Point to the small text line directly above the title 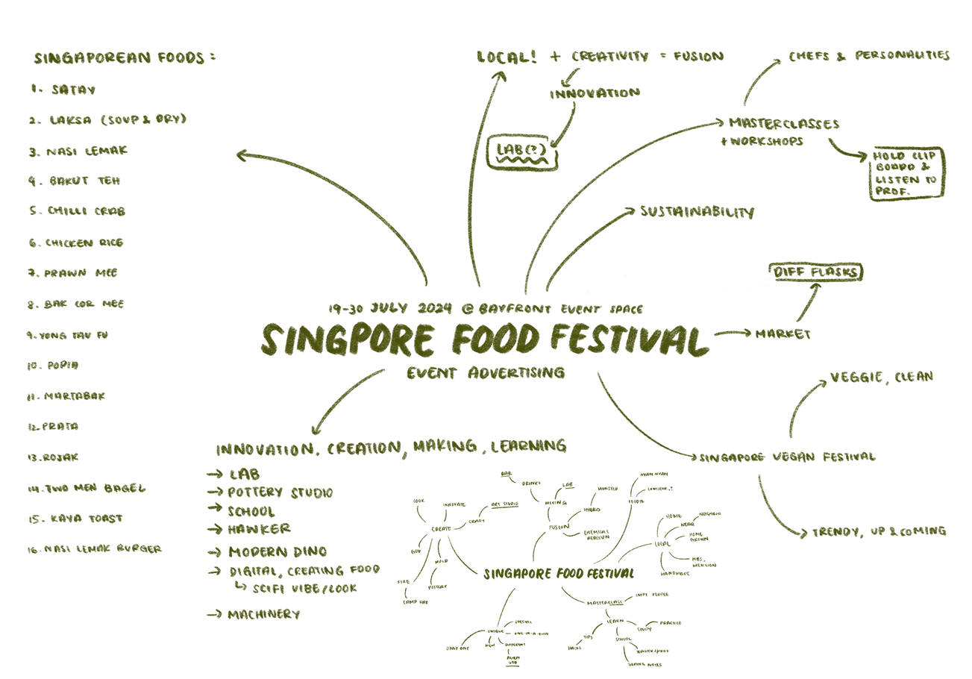point(485,309)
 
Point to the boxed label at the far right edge point(906,171)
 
